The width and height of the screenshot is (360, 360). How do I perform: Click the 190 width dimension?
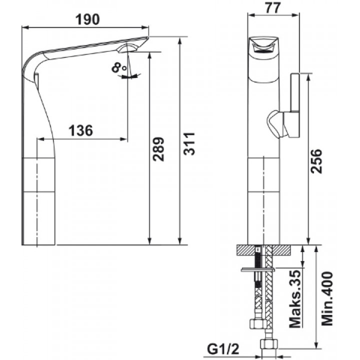tap(88, 19)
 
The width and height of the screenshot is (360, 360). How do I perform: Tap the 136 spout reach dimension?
tap(81, 130)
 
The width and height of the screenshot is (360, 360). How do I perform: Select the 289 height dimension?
tap(158, 149)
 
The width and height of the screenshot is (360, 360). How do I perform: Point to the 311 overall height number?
tap(189, 143)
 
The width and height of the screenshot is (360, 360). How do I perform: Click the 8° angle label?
tap(119, 67)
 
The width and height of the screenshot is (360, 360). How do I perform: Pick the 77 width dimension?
tap(273, 7)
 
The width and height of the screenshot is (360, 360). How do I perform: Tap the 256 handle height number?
tap(316, 161)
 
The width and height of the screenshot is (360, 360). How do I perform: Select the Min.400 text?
tap(327, 298)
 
